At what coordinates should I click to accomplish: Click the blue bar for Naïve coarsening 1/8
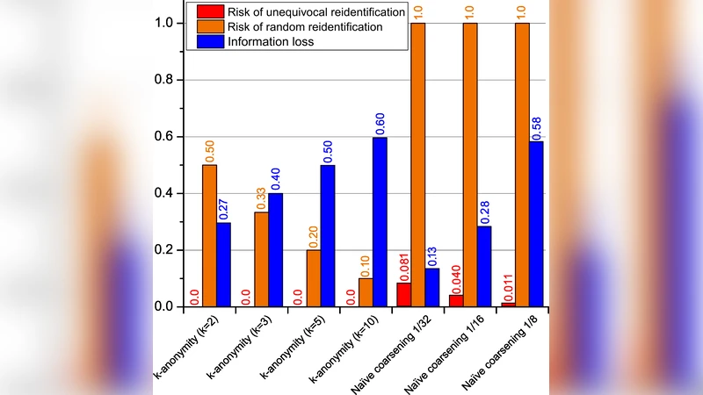536,224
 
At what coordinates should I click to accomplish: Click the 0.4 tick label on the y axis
163,193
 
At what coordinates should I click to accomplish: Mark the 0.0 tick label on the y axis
163,306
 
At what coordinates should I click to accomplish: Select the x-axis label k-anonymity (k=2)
188,351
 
